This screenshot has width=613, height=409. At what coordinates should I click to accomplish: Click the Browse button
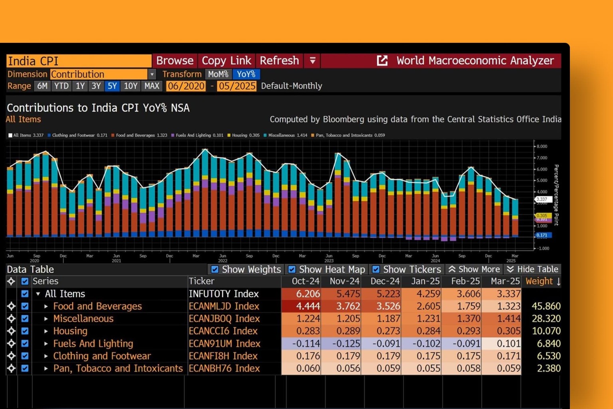(174, 61)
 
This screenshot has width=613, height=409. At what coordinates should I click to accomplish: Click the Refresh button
(279, 61)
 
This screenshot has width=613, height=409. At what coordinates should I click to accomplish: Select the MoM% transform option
(218, 74)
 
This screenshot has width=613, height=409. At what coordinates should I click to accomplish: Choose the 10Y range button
(131, 86)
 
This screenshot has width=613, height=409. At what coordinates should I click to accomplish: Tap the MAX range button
(152, 86)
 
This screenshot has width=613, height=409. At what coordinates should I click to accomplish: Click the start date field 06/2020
(186, 86)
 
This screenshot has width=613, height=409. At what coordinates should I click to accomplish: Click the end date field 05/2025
(237, 86)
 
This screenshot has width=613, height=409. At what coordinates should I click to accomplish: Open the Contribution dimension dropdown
(152, 74)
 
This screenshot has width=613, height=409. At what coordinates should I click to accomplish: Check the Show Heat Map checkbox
(292, 270)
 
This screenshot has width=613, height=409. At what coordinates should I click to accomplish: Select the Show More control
(474, 270)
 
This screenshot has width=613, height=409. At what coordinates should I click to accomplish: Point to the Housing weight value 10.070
(546, 331)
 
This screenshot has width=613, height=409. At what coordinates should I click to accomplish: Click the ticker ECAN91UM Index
(224, 343)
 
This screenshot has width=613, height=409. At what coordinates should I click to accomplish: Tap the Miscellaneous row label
(83, 319)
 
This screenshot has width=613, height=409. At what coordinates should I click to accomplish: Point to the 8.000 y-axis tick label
(542, 147)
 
